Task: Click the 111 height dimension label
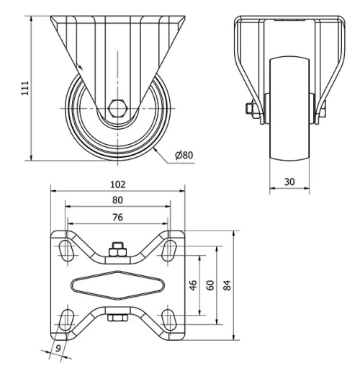click(x=24, y=87)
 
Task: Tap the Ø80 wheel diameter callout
click(x=185, y=154)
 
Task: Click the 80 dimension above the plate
click(x=117, y=200)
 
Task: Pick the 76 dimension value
click(x=117, y=217)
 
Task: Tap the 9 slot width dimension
click(x=58, y=351)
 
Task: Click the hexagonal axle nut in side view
click(x=117, y=108)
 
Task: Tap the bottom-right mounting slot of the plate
click(x=170, y=319)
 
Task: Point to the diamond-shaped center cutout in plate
click(x=117, y=285)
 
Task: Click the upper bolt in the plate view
click(x=117, y=251)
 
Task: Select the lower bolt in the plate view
click(x=117, y=317)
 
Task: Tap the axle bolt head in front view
click(x=250, y=110)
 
